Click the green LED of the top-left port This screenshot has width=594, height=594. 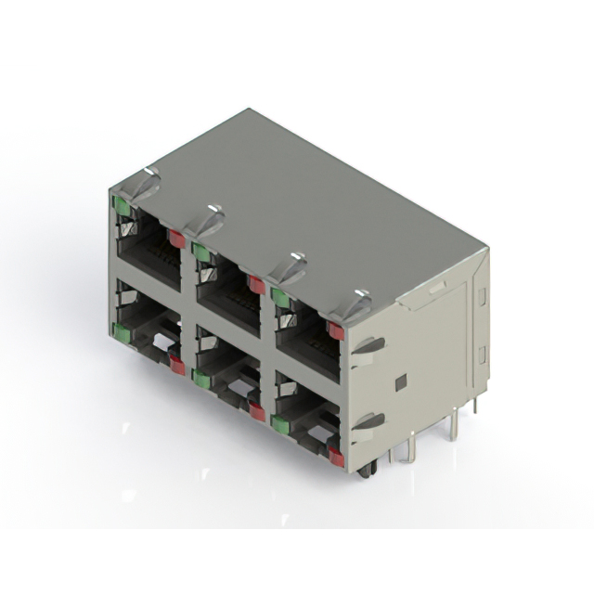(x=122, y=206)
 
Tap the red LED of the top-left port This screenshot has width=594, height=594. (x=176, y=239)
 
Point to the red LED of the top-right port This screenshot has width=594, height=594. (x=335, y=330)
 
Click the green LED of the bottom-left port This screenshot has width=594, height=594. (x=121, y=331)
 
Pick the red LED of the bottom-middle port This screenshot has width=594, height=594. (x=257, y=411)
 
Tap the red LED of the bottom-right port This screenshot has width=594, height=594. (x=335, y=457)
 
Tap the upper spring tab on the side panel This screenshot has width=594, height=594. (x=369, y=345)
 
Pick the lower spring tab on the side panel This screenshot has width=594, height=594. (x=369, y=421)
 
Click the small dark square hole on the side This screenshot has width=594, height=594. (x=400, y=382)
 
